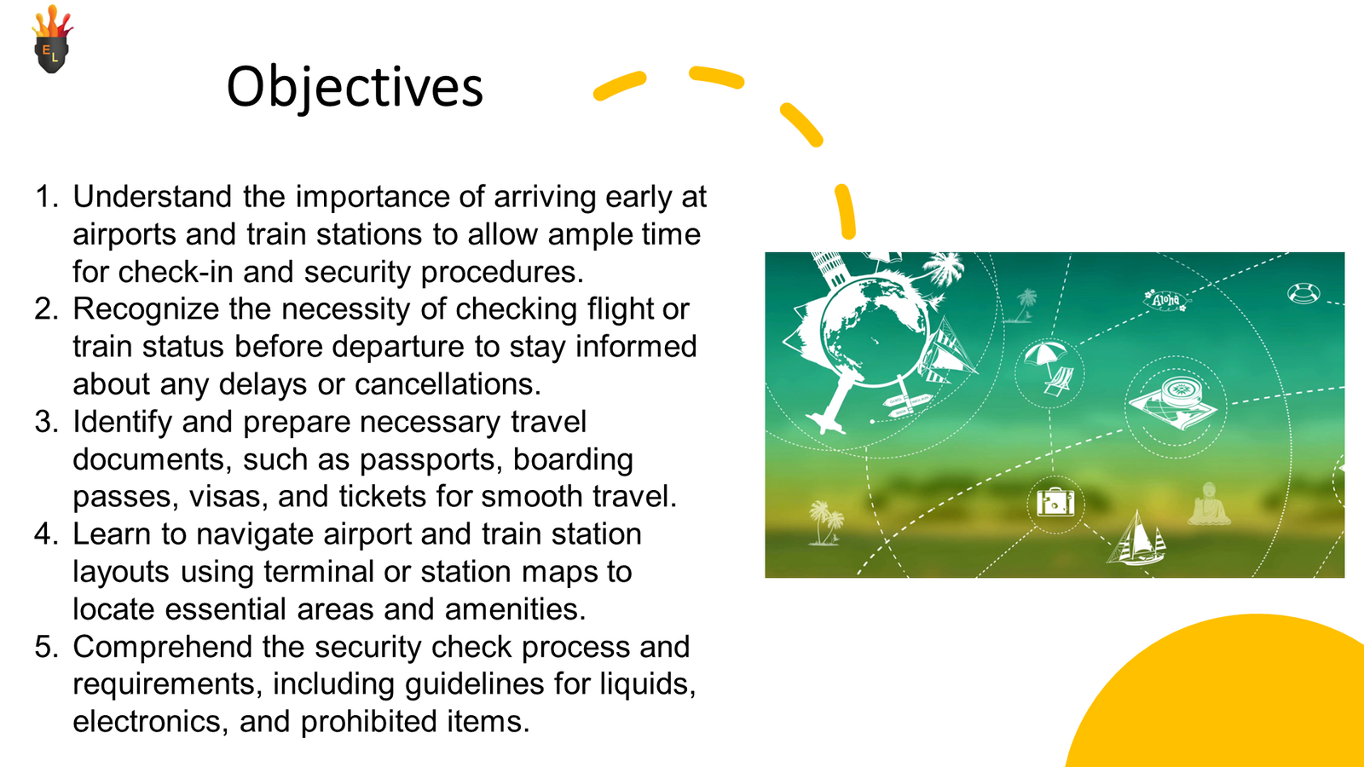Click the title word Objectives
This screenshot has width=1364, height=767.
pos(355,87)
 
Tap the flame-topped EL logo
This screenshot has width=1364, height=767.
pos(52,39)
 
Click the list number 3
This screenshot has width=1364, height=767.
pos(46,421)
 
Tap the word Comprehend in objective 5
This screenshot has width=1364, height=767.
pos(162,648)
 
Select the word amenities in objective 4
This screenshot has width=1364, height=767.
pos(515,609)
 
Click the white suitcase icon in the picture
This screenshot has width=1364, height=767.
pos(1055,503)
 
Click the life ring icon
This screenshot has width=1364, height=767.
pos(1303,293)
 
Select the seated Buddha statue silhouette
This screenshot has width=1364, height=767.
pos(1209,504)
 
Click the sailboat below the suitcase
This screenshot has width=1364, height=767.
pos(1136,539)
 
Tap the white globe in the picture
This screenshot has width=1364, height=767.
pos(874,332)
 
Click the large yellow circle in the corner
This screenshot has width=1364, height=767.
pos(1230,700)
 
